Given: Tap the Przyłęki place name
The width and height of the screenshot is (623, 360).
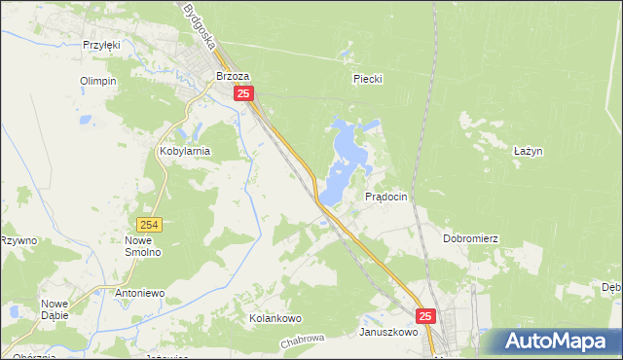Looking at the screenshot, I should pos(100,45).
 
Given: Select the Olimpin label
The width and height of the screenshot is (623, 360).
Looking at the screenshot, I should pos(98,81).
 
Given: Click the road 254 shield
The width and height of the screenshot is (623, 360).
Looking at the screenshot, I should pos(148,224).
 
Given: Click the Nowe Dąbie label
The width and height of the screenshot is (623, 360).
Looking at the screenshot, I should pos(55,309).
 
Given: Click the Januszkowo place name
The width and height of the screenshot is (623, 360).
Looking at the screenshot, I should pos(387,332).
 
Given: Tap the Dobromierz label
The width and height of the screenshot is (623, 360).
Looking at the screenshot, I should pos(470,238).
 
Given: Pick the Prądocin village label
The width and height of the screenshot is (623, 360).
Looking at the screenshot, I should pos(385,197).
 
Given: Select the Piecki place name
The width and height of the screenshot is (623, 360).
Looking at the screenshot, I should pos(368,80).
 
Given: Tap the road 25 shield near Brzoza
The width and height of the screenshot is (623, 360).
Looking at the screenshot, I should pos(244,93).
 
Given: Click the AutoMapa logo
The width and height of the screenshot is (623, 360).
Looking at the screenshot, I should pos(556,342).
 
